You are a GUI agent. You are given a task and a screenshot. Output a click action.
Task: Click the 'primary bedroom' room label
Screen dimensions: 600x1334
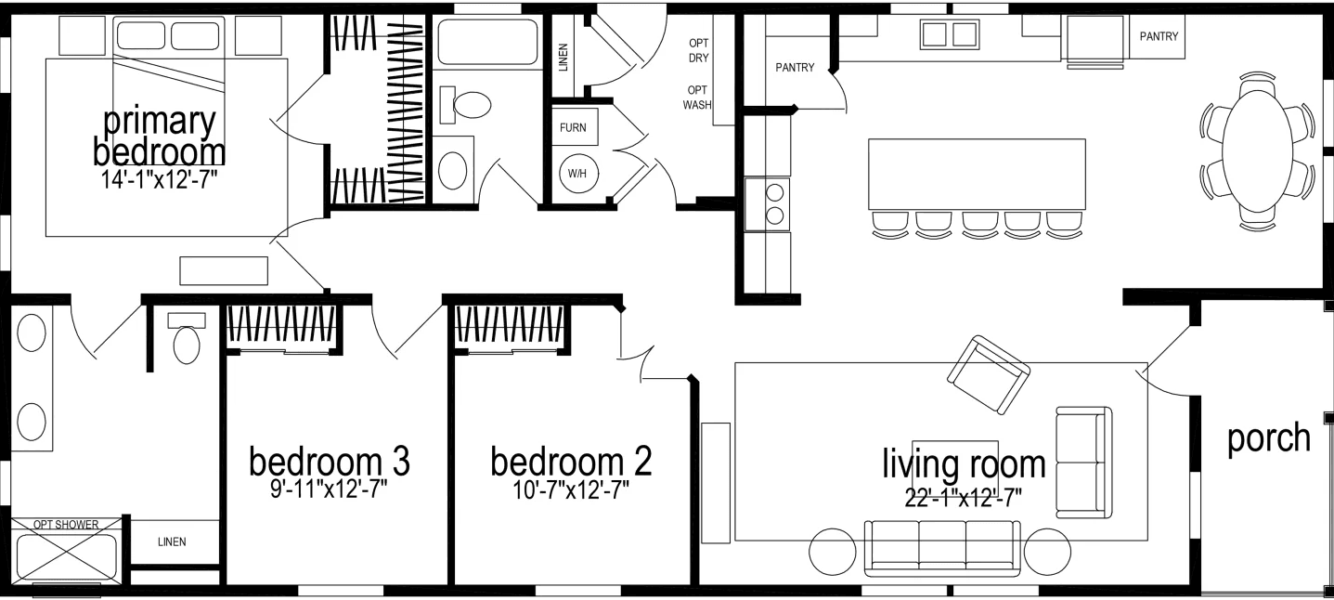[x=159, y=137]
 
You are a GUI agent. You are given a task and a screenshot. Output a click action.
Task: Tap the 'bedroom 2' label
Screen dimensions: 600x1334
[x=571, y=461]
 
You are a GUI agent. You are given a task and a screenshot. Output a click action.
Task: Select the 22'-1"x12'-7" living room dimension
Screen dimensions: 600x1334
[x=964, y=497]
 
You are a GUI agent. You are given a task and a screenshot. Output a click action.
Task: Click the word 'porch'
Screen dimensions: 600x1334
[x=1268, y=437]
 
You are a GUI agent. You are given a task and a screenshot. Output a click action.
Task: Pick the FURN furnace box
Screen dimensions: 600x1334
[x=573, y=127]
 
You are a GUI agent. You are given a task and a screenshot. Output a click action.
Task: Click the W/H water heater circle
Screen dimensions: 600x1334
[x=577, y=174]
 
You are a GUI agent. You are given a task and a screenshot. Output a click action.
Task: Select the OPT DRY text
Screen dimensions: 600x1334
[x=698, y=50]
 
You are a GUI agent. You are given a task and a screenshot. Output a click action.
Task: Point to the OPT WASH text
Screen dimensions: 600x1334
[x=697, y=98]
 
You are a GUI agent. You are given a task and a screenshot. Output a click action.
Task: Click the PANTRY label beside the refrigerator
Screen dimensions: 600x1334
[x=1159, y=37]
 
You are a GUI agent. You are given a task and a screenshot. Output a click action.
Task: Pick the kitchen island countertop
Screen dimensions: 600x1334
[x=977, y=174]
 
